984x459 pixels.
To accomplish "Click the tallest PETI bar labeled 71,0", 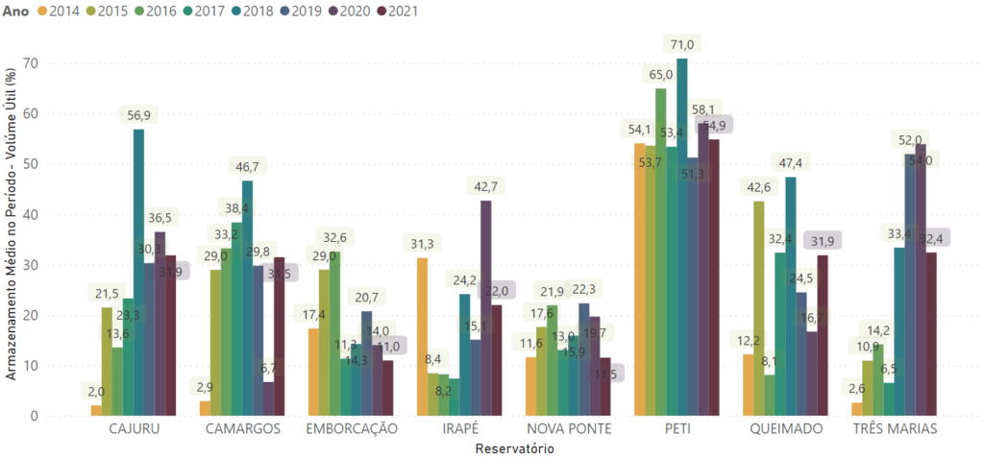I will [682, 240].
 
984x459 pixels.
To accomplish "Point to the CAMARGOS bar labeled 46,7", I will [247, 298].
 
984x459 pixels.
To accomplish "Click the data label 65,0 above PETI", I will [660, 74].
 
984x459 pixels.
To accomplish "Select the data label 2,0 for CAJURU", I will [96, 390].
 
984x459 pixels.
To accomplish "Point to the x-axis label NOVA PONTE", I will [568, 429].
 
